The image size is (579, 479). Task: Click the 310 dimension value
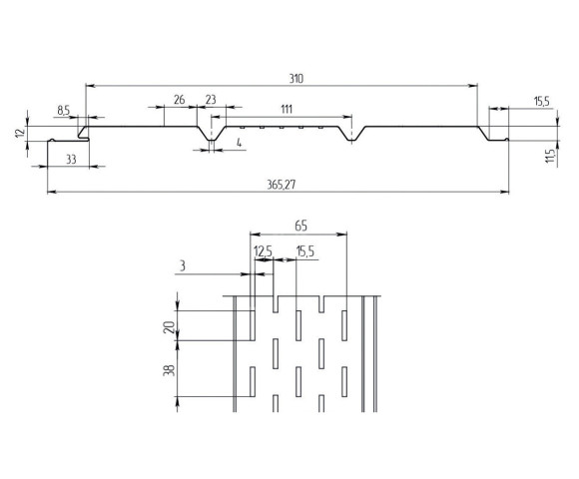[x=294, y=78]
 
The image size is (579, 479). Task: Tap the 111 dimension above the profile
[x=287, y=108]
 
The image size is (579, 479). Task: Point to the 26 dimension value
[x=179, y=99]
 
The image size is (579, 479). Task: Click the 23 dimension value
[x=211, y=99]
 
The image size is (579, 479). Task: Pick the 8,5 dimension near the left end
[x=64, y=110]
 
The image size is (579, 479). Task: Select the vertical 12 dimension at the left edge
[x=21, y=134]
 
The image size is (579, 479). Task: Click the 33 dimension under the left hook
[x=71, y=158]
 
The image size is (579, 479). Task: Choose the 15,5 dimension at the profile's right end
[x=541, y=101]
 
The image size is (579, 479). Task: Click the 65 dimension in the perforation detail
[x=301, y=227]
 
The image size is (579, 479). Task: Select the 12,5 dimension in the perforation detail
[x=264, y=251]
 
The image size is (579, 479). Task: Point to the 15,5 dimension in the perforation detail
[x=305, y=251]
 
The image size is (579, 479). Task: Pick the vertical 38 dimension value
[x=170, y=369]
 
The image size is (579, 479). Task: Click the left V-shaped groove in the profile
[x=212, y=136]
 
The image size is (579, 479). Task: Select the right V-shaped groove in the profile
[x=351, y=136]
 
